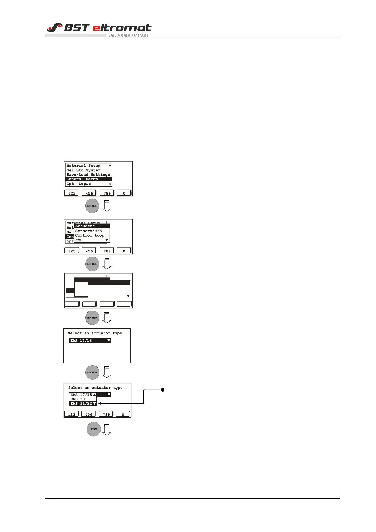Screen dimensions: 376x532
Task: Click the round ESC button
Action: point(94,429)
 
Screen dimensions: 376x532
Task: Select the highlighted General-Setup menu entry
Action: point(82,179)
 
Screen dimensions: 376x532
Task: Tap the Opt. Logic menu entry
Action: point(79,184)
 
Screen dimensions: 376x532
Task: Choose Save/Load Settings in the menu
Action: point(88,175)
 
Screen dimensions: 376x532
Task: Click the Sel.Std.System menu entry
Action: point(83,170)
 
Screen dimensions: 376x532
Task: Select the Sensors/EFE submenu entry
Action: point(88,231)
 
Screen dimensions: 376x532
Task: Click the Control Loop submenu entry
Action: point(90,235)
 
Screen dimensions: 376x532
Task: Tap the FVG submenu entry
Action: point(79,240)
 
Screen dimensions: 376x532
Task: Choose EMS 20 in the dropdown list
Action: point(78,399)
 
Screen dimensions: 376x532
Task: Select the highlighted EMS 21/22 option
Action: point(81,403)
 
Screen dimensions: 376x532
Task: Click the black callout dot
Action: point(163,390)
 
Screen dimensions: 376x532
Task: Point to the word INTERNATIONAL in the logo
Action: point(129,36)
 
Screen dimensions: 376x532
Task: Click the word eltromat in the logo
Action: point(122,28)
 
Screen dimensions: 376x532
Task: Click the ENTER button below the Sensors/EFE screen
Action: point(93,264)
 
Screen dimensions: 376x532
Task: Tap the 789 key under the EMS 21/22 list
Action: point(106,414)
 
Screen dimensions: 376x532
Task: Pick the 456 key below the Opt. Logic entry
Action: point(89,193)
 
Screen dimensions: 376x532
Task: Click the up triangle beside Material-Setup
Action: point(110,165)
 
